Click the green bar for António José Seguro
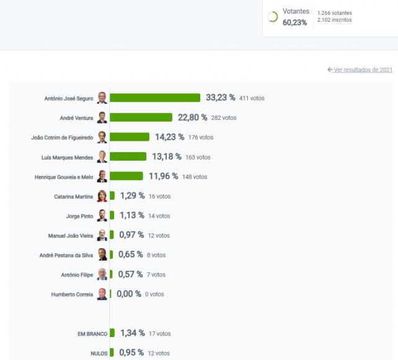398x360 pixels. [x=155, y=97]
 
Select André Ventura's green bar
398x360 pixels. [x=141, y=117]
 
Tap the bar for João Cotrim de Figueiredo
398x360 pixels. [x=130, y=137]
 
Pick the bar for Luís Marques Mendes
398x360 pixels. [x=128, y=156]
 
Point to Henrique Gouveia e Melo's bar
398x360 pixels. [x=126, y=176]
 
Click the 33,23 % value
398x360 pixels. [x=221, y=97]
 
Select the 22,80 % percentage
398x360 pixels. [x=193, y=117]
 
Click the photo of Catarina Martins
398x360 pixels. [x=102, y=196]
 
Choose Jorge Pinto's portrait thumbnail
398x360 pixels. [x=102, y=216]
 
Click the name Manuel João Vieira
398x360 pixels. [x=71, y=236]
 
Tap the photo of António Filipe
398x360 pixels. [x=102, y=274]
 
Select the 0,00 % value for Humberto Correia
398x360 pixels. [x=129, y=294]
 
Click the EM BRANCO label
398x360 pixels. [x=91, y=334]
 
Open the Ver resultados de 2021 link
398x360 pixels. [x=363, y=70]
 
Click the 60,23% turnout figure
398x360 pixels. [x=294, y=22]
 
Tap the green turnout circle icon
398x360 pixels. [x=272, y=17]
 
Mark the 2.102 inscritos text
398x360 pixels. [x=334, y=20]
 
